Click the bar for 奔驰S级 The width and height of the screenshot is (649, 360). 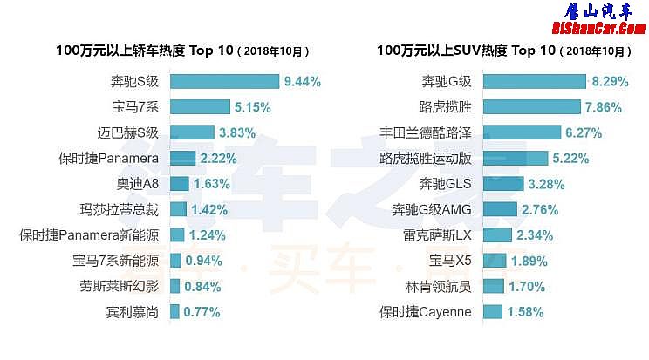coord(224,82)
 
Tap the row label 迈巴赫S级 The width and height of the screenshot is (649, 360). coord(128,133)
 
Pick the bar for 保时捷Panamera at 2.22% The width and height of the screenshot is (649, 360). coord(182,159)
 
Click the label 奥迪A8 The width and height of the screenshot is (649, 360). coord(138,184)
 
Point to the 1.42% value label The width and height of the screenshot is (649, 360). coord(209,209)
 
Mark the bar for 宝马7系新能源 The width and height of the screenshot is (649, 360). coord(176,260)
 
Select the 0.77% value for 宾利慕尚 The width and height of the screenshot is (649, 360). coord(201,311)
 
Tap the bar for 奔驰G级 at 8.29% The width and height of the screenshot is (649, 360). coord(534,82)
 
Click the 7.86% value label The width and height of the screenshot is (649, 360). coord(607,108)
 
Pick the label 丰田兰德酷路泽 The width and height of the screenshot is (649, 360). coord(425,133)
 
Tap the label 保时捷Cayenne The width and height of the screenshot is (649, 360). coord(425,311)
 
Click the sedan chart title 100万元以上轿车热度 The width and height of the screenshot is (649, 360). coord(145,51)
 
